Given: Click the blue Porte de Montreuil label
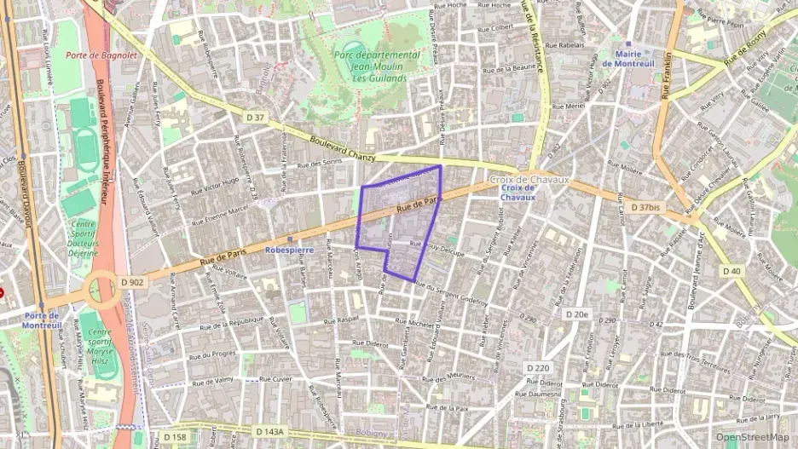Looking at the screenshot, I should (40, 320).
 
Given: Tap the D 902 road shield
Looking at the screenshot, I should (132, 282).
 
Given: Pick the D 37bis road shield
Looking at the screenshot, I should (645, 207).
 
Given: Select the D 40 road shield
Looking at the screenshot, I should (732, 271).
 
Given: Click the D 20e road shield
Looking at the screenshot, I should (577, 314).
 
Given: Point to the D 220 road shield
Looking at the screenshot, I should (538, 368).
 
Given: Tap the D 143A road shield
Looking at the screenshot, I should (273, 432).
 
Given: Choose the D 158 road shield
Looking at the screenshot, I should (174, 437).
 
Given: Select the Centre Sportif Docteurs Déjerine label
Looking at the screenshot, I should (83, 239).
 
